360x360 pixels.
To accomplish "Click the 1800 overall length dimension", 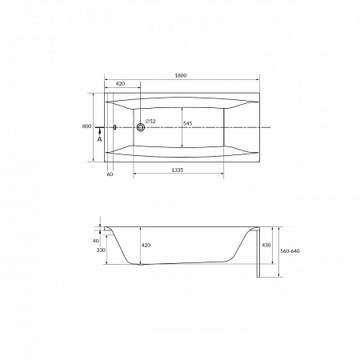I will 181,75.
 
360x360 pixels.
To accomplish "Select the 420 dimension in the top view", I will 120,83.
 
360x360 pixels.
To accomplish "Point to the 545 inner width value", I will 188,123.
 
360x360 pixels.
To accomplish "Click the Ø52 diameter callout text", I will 151,122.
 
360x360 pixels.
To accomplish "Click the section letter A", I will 99,139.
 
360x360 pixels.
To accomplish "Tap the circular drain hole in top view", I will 141,126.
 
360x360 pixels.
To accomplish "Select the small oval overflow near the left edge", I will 116,126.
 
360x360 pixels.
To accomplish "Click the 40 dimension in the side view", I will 95,240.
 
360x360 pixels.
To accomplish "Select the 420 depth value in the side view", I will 146,245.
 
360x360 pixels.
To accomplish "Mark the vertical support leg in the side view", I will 256,254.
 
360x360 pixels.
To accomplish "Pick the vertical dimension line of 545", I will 182,126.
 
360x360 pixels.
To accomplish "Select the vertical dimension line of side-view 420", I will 139,245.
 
